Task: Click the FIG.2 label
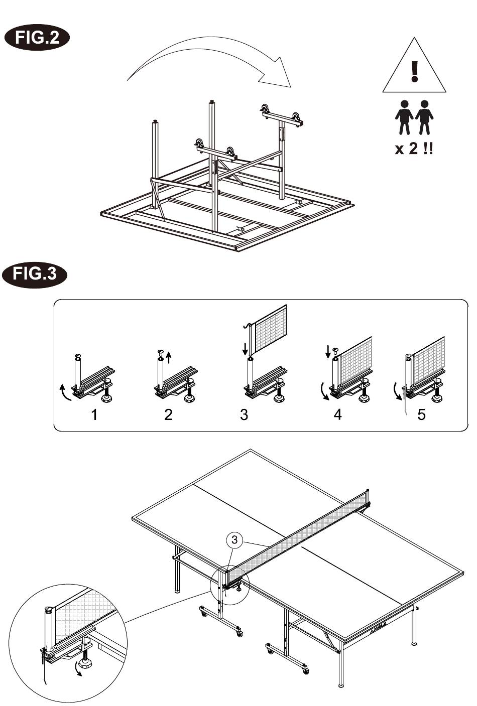tap(37, 38)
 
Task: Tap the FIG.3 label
tap(35, 273)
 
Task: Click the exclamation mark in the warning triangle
tap(414, 72)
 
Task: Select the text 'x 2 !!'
tap(414, 148)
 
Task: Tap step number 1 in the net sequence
tap(94, 415)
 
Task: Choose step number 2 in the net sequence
tap(169, 415)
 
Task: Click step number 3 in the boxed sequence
tap(244, 415)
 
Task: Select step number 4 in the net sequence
tap(337, 415)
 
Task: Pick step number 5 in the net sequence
tap(421, 415)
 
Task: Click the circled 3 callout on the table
tap(234, 540)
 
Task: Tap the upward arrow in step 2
tap(169, 357)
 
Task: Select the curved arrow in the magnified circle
tap(77, 667)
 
